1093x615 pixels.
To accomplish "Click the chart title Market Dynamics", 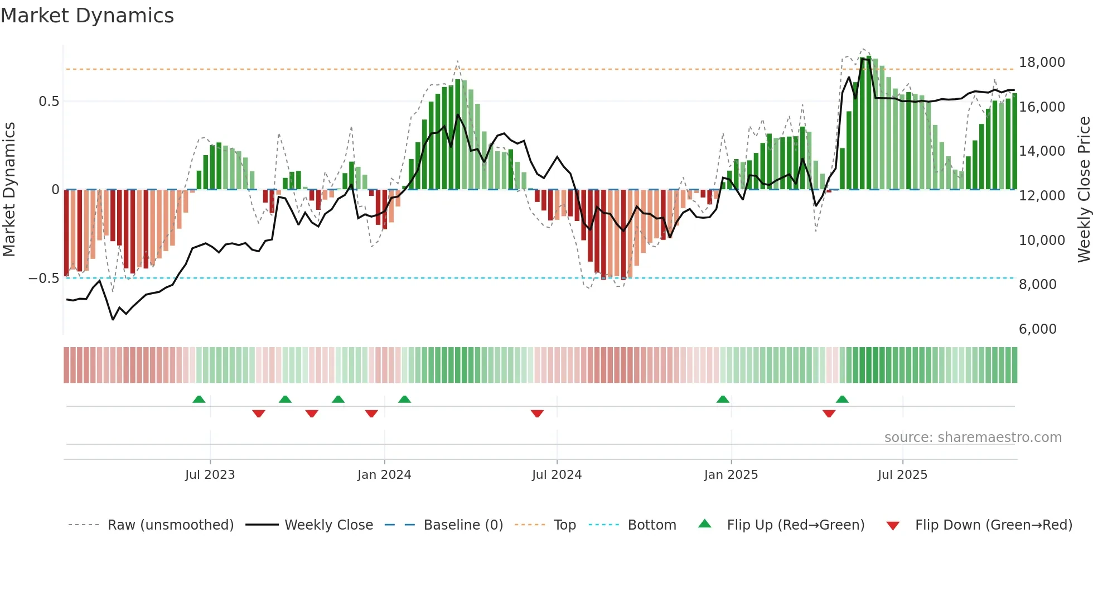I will [x=87, y=16].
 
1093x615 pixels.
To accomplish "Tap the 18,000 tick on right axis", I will [x=1042, y=63].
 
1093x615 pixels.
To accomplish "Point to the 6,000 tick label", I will [x=1037, y=329].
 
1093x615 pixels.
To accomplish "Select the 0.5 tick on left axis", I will [x=49, y=102].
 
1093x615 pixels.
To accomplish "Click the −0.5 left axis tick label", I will [x=44, y=278].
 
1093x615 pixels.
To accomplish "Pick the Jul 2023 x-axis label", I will [x=210, y=475].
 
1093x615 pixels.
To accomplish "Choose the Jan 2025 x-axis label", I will [x=731, y=475].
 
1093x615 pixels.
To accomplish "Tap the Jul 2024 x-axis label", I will [x=557, y=475].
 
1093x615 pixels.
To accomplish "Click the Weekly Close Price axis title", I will [x=1084, y=190].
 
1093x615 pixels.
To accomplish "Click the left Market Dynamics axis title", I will [x=9, y=190].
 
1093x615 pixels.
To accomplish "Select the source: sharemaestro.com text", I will [x=973, y=438].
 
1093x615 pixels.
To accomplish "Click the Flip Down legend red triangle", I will [x=892, y=526].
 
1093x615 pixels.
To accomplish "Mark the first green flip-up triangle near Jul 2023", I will [x=199, y=399].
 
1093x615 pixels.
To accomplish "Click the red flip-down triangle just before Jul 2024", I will [x=537, y=414].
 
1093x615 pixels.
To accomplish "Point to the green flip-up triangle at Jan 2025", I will [x=723, y=399].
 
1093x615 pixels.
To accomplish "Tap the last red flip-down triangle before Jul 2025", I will [x=829, y=414].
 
